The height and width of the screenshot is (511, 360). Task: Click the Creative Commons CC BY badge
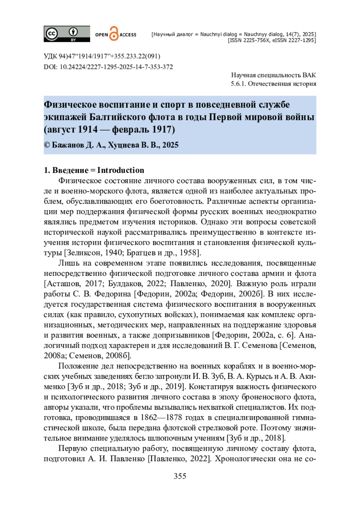(x=67, y=34)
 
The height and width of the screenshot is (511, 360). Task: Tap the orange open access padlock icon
(x=114, y=34)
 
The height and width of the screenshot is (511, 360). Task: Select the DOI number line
(x=108, y=67)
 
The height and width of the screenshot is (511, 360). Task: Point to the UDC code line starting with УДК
(x=102, y=56)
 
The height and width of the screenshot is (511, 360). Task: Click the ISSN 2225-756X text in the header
(x=249, y=40)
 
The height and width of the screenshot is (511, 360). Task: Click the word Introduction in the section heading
(x=121, y=170)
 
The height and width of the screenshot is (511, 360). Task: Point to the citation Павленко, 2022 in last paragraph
(x=179, y=459)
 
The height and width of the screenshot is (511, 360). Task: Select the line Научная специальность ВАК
(x=273, y=75)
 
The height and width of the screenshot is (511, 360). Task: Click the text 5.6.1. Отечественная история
(x=273, y=84)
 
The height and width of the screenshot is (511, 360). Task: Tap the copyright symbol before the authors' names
(x=47, y=145)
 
